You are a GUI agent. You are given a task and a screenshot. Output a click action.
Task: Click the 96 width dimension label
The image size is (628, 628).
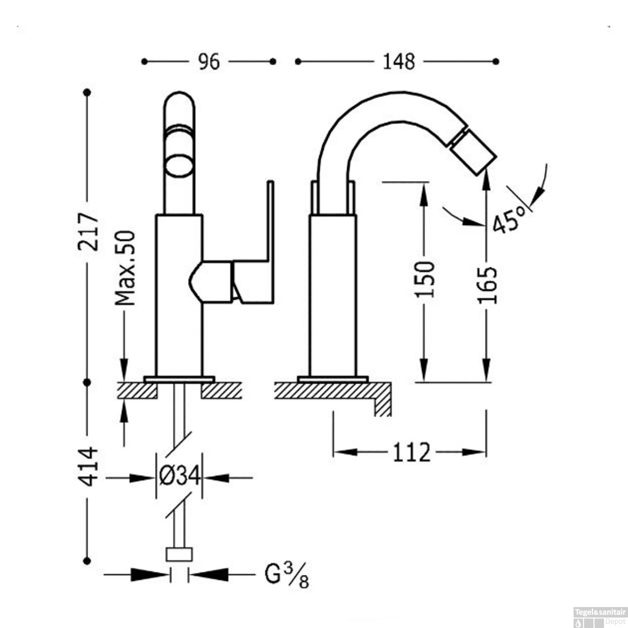[208, 62]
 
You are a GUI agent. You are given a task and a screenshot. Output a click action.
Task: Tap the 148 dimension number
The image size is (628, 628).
[399, 62]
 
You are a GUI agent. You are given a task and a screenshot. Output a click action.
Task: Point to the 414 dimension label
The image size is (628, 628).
[88, 466]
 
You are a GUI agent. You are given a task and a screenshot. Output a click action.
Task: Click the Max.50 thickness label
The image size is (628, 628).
[126, 268]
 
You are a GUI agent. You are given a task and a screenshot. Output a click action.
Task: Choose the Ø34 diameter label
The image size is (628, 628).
[179, 476]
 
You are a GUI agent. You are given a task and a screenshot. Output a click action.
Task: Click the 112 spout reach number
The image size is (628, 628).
[412, 453]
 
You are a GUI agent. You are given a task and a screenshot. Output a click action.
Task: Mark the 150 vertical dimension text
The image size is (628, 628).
[425, 279]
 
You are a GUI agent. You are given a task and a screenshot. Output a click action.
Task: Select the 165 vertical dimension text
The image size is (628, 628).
[487, 285]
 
